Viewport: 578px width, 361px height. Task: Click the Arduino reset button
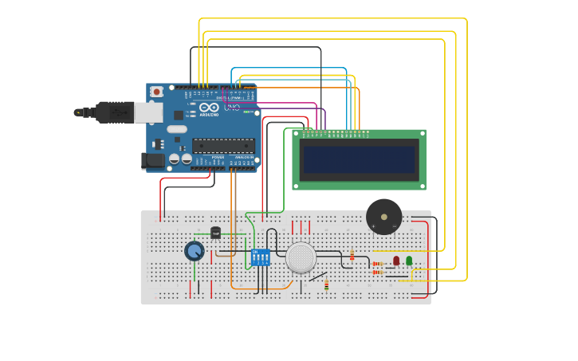point(156,92)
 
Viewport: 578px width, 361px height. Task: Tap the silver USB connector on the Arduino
point(148,112)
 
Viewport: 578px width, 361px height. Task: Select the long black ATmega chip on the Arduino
point(223,146)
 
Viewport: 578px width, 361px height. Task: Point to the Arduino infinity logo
point(210,107)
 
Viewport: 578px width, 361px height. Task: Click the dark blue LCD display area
point(359,159)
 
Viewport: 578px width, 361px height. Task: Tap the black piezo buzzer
point(383,216)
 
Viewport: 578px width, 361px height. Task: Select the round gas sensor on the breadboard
point(301,257)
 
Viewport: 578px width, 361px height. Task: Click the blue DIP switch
point(260,257)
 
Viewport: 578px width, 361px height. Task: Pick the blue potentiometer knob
point(194,251)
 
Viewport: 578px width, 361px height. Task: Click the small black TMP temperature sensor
point(215,233)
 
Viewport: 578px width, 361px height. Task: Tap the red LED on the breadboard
point(396,261)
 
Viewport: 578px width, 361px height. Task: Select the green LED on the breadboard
point(409,261)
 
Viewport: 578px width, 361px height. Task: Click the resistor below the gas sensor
point(326,284)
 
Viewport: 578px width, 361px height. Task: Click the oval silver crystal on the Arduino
point(177,129)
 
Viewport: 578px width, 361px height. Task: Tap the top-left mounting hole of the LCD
point(297,134)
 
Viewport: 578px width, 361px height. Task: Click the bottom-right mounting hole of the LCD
point(422,186)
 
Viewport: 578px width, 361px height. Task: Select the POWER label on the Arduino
point(218,158)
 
